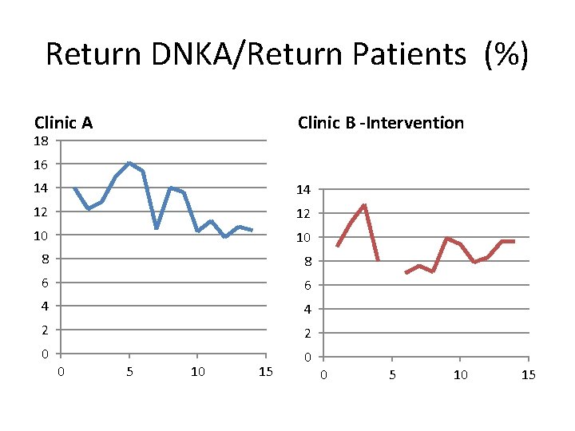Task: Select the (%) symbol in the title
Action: click(x=506, y=54)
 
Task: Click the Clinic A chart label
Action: click(x=64, y=123)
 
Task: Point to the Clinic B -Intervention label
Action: click(x=380, y=123)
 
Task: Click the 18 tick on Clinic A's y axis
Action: click(x=42, y=141)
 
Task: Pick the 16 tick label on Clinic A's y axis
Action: click(x=42, y=164)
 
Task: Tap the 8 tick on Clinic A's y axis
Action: click(x=45, y=259)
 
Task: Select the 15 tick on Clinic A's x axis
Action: click(x=266, y=372)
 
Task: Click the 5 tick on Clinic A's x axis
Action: click(x=129, y=372)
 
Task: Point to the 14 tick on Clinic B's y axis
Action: click(x=303, y=190)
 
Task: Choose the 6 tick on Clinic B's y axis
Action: click(x=307, y=285)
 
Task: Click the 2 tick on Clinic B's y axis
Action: click(x=307, y=333)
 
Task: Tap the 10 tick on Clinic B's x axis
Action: click(x=460, y=375)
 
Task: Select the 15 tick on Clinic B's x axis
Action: click(x=528, y=375)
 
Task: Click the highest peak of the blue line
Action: click(x=129, y=163)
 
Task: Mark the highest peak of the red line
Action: click(x=364, y=206)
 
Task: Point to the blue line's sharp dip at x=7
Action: click(x=157, y=228)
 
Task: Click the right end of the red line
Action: click(x=514, y=241)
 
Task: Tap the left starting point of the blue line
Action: click(x=74, y=188)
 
